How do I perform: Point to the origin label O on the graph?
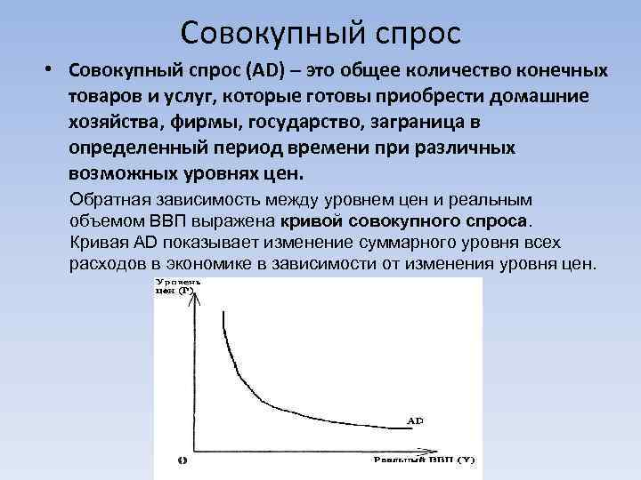tap(181, 460)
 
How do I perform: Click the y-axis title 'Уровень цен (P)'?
tap(176, 286)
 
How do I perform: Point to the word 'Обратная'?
tap(110, 200)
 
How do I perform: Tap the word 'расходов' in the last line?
tap(105, 265)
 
